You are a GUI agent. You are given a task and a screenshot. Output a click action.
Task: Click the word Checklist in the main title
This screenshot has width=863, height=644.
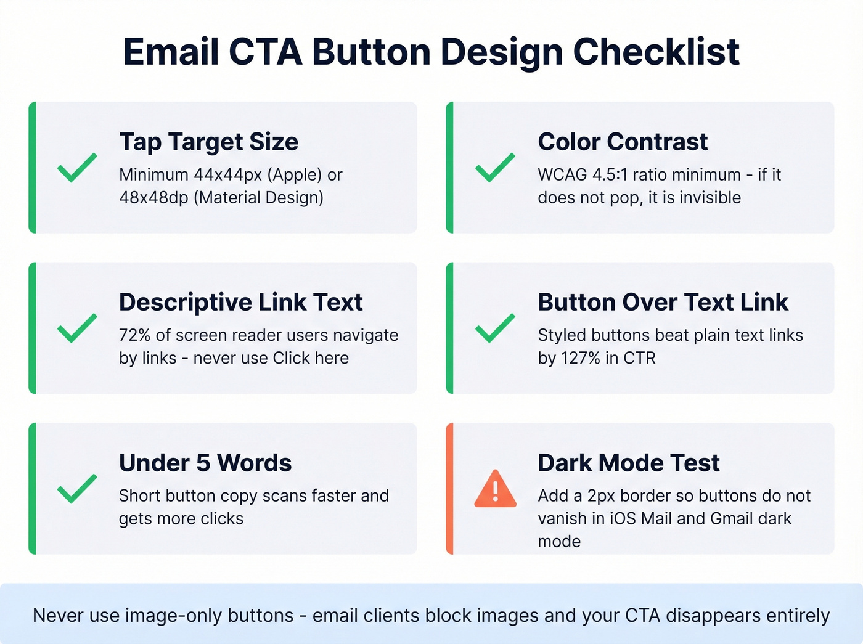point(656,52)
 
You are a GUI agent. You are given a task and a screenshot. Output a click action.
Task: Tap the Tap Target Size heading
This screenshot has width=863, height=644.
point(208,142)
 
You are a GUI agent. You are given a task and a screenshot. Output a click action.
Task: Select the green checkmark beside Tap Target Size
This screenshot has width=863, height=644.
point(76,167)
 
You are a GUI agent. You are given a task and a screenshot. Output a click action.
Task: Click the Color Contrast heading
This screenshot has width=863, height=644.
point(623,142)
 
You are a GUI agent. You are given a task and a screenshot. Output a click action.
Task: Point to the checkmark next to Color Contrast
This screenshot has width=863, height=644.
point(495,167)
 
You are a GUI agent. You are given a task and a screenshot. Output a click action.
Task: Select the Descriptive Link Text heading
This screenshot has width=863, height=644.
point(240,303)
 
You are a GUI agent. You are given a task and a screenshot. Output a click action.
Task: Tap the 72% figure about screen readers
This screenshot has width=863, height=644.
point(135,335)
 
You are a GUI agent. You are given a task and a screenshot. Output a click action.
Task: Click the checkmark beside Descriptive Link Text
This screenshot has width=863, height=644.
point(76,328)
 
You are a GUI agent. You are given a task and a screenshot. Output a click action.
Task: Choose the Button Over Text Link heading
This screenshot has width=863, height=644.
point(663,303)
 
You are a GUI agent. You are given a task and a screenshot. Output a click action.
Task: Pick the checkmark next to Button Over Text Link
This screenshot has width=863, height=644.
point(495,328)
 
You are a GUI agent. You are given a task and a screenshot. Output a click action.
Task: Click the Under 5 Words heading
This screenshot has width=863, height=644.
point(205,463)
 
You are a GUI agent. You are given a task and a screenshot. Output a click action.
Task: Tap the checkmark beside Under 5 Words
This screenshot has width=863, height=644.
point(76,488)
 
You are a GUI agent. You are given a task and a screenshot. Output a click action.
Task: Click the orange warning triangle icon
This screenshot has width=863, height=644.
point(495,489)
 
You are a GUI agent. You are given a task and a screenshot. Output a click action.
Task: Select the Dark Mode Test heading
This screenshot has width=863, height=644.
point(628,463)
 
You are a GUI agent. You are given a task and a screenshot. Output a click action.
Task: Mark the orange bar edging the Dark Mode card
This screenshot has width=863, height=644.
point(450,489)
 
